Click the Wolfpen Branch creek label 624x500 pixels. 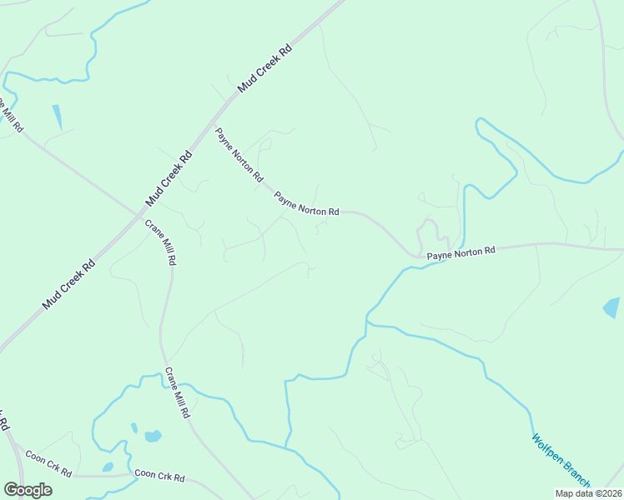[x=561, y=459]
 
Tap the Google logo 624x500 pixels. [x=28, y=489]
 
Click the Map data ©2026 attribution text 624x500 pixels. [x=588, y=492]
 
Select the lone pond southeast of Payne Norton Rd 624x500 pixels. [x=611, y=307]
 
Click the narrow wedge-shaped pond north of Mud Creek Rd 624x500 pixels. [x=57, y=117]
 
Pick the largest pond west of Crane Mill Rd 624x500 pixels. [x=152, y=436]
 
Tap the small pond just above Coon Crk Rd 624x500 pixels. [x=107, y=467]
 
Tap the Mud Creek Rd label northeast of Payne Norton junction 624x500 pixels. [x=264, y=68]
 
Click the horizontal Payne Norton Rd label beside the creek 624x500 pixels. [x=461, y=251]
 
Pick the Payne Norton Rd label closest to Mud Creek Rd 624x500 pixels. [x=239, y=155]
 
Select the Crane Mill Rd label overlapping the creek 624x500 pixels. [x=181, y=393]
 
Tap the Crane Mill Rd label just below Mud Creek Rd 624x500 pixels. [x=161, y=242]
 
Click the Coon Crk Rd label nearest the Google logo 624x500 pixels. [x=48, y=463]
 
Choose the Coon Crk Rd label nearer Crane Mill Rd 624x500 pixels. [x=159, y=477]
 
